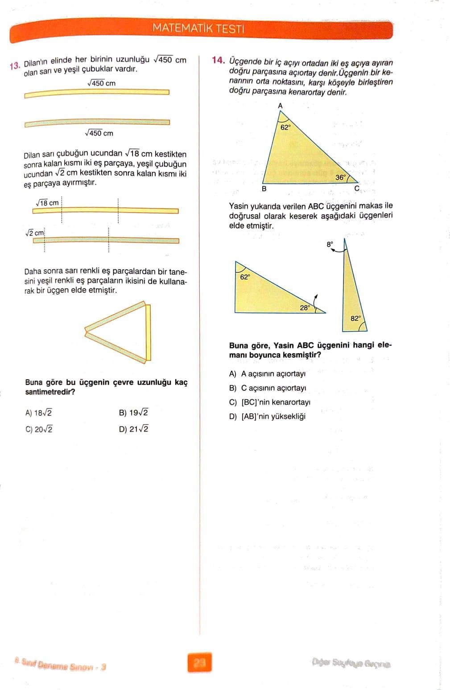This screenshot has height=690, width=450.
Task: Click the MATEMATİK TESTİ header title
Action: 198,29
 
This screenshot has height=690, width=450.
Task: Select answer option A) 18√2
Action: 39,413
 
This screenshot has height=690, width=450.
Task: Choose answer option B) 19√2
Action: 133,413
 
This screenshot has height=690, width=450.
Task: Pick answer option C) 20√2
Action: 39,430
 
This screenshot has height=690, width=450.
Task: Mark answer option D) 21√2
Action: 134,429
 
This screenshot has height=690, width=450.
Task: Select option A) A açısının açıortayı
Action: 267,374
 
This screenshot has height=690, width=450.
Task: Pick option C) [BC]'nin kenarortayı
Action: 269,402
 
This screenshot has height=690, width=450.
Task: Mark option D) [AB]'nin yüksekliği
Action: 267,417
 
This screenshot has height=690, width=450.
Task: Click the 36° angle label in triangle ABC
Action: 340,177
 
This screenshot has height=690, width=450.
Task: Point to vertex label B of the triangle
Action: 264,189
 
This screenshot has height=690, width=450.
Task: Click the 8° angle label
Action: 330,244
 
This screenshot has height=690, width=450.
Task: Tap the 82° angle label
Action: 355,318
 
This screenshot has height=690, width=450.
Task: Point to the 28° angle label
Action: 305,308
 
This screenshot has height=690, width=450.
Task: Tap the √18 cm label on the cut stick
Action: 47,203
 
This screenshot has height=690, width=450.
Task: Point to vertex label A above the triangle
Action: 280,106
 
